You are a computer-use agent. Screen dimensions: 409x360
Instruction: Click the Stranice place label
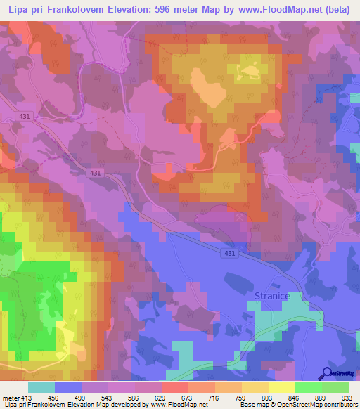(x=268, y=297)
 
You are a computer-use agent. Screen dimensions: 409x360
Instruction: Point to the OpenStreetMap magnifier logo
(x=327, y=374)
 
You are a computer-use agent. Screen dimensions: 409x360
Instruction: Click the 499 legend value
(x=81, y=397)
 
